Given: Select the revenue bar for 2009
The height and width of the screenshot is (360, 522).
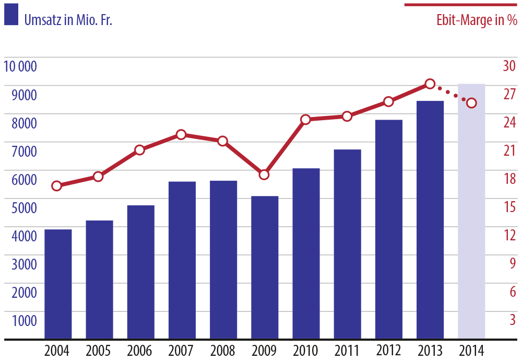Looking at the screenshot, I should pos(265,267).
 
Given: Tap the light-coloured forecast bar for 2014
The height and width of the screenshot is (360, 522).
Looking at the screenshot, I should pos(471,211).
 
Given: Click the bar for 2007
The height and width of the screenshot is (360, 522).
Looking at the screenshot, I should pos(182,260).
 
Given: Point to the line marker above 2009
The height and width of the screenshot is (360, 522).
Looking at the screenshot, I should pos(264,175).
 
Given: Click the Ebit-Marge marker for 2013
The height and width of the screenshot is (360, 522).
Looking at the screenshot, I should pos(430,84).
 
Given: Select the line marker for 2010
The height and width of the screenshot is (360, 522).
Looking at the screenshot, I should pos(306,120).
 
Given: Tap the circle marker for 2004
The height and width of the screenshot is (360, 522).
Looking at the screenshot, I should pos(57,185).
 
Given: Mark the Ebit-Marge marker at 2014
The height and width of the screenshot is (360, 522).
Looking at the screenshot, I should pos(471,103).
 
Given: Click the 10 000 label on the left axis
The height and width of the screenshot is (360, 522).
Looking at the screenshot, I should pos(20,66).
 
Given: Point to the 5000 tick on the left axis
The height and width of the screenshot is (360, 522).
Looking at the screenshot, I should pos(24,207).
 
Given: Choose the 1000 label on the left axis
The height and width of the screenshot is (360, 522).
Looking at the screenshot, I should pos(24,320).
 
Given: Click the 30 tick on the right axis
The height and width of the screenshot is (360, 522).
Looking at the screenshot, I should pos(509,66).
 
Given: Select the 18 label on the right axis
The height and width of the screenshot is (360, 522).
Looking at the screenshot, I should pos(509,179).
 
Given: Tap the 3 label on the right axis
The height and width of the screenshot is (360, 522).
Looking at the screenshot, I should pos(513,319).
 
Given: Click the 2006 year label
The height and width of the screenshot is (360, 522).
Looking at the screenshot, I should pos(140,350).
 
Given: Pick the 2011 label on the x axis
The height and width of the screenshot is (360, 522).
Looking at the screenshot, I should pos(347,350).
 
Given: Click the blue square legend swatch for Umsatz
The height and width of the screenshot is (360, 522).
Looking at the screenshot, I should pos(11,15).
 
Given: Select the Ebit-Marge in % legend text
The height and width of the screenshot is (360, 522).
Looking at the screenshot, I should pos(477,21).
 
